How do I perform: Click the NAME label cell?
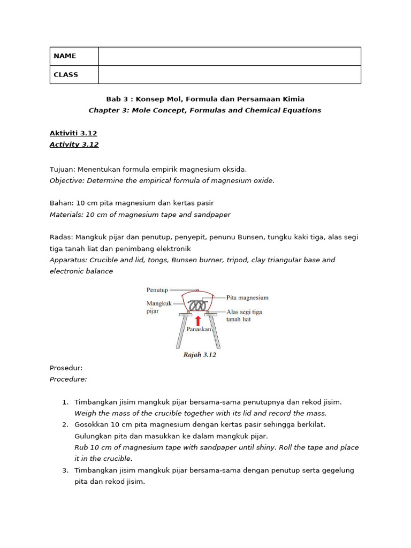74,56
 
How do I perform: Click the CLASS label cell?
74,75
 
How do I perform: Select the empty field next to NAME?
230,56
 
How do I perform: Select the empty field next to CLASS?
230,75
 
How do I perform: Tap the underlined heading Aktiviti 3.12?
73,133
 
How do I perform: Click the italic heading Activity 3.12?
74,144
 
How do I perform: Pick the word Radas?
61,237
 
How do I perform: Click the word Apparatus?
68,260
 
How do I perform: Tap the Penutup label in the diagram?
157,290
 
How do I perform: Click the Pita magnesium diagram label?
247,298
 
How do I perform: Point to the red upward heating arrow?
198,321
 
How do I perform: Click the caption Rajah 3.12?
200,355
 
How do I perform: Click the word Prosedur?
66,368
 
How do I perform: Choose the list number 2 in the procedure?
65,424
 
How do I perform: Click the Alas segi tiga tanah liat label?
244,315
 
